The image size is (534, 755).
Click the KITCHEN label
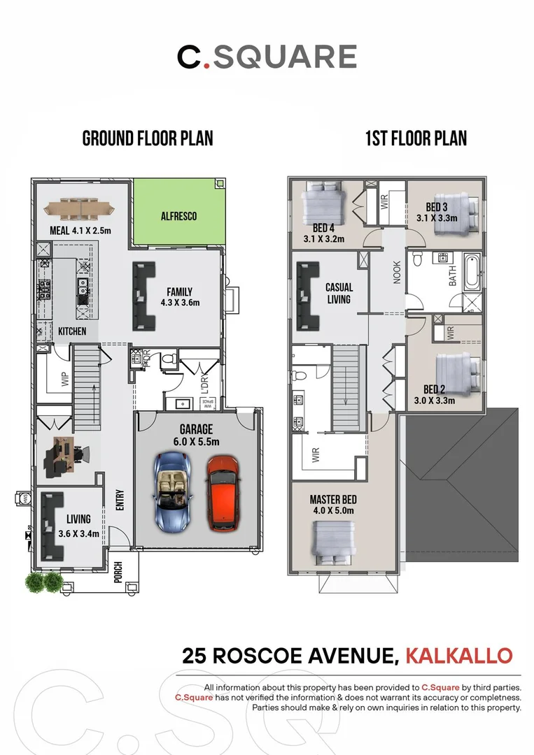click(x=72, y=331)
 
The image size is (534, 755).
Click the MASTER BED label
click(x=332, y=505)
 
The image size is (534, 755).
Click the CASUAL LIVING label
click(x=339, y=293)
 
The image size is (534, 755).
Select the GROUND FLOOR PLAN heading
click(x=148, y=138)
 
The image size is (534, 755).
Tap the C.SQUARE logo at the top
click(x=267, y=57)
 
